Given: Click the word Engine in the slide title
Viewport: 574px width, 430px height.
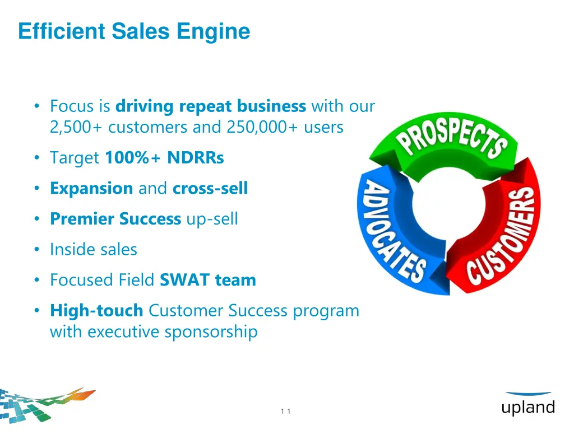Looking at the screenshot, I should [x=214, y=31].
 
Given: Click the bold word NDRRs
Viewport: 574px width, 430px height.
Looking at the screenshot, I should [x=196, y=158].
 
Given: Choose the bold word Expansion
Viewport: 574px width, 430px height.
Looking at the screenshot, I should [x=91, y=188].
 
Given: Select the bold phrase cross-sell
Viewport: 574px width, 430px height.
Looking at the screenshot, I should [x=210, y=188].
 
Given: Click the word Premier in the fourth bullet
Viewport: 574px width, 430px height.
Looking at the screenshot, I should [x=82, y=219].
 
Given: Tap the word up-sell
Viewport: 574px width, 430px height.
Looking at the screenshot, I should [x=212, y=219].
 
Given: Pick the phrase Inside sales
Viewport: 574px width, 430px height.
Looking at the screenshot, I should [x=94, y=249].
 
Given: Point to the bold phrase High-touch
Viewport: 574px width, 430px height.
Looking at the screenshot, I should [x=96, y=310].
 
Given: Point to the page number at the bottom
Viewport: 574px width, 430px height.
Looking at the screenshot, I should [x=285, y=412].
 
